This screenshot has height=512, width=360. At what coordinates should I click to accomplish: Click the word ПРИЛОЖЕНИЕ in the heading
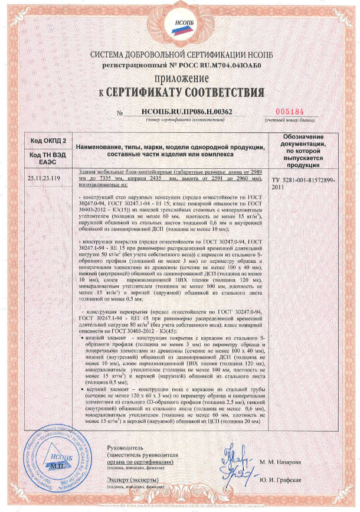(x=181, y=79)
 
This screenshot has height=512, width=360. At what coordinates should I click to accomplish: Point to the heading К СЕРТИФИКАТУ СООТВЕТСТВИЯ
(x=181, y=93)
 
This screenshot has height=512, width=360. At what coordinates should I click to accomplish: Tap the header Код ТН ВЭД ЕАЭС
(x=45, y=156)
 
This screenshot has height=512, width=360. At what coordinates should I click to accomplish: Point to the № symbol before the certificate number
(x=122, y=112)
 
